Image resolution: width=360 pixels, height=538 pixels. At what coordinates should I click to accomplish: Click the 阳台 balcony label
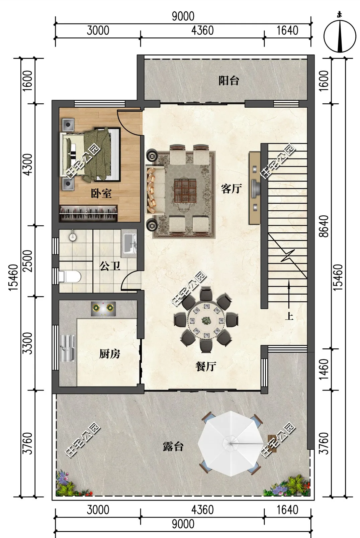229,81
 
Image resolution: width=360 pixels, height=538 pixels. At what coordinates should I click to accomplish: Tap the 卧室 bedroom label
101,193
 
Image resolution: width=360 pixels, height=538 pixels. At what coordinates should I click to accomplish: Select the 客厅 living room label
231,189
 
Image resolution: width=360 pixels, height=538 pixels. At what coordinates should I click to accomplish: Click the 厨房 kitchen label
110,354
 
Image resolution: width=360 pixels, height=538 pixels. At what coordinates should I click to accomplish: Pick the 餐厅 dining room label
206,366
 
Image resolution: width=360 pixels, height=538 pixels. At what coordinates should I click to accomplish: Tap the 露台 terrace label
173,447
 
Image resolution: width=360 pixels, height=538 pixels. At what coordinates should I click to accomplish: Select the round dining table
206,320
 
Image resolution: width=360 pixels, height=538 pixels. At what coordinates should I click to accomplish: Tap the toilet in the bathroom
70,277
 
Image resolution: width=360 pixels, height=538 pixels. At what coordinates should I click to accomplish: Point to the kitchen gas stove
103,309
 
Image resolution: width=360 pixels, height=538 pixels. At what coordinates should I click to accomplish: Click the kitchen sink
67,348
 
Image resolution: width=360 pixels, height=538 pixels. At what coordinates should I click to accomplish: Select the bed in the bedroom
90,154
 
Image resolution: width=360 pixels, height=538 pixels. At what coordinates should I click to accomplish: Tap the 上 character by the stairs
289,316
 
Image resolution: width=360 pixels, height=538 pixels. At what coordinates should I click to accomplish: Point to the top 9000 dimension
183,16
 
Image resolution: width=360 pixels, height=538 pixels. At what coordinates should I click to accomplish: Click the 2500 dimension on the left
27,261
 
